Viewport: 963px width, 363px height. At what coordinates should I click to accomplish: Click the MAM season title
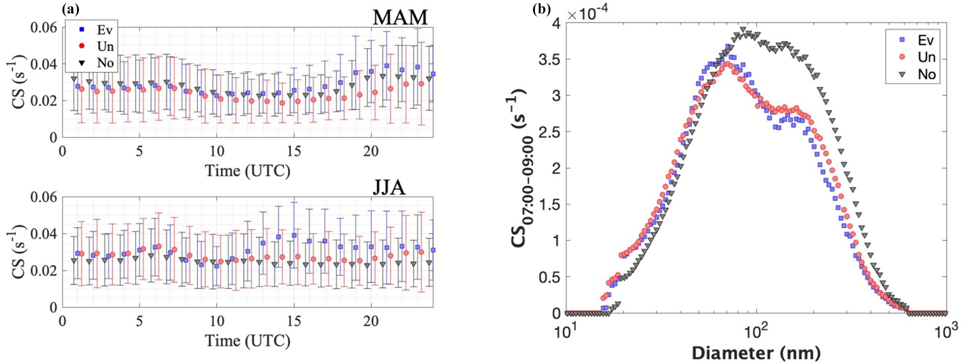(x=400, y=17)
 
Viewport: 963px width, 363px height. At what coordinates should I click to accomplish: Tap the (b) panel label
(x=542, y=8)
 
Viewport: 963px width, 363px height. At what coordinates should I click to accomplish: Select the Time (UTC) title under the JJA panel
(x=247, y=341)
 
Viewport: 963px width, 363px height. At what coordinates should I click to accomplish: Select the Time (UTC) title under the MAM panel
(x=247, y=171)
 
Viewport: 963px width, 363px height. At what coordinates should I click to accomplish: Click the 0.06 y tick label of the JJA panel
(x=44, y=197)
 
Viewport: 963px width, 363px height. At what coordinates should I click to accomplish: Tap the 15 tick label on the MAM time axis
(x=294, y=151)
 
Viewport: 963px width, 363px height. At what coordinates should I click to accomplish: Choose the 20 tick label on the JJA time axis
(x=371, y=322)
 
